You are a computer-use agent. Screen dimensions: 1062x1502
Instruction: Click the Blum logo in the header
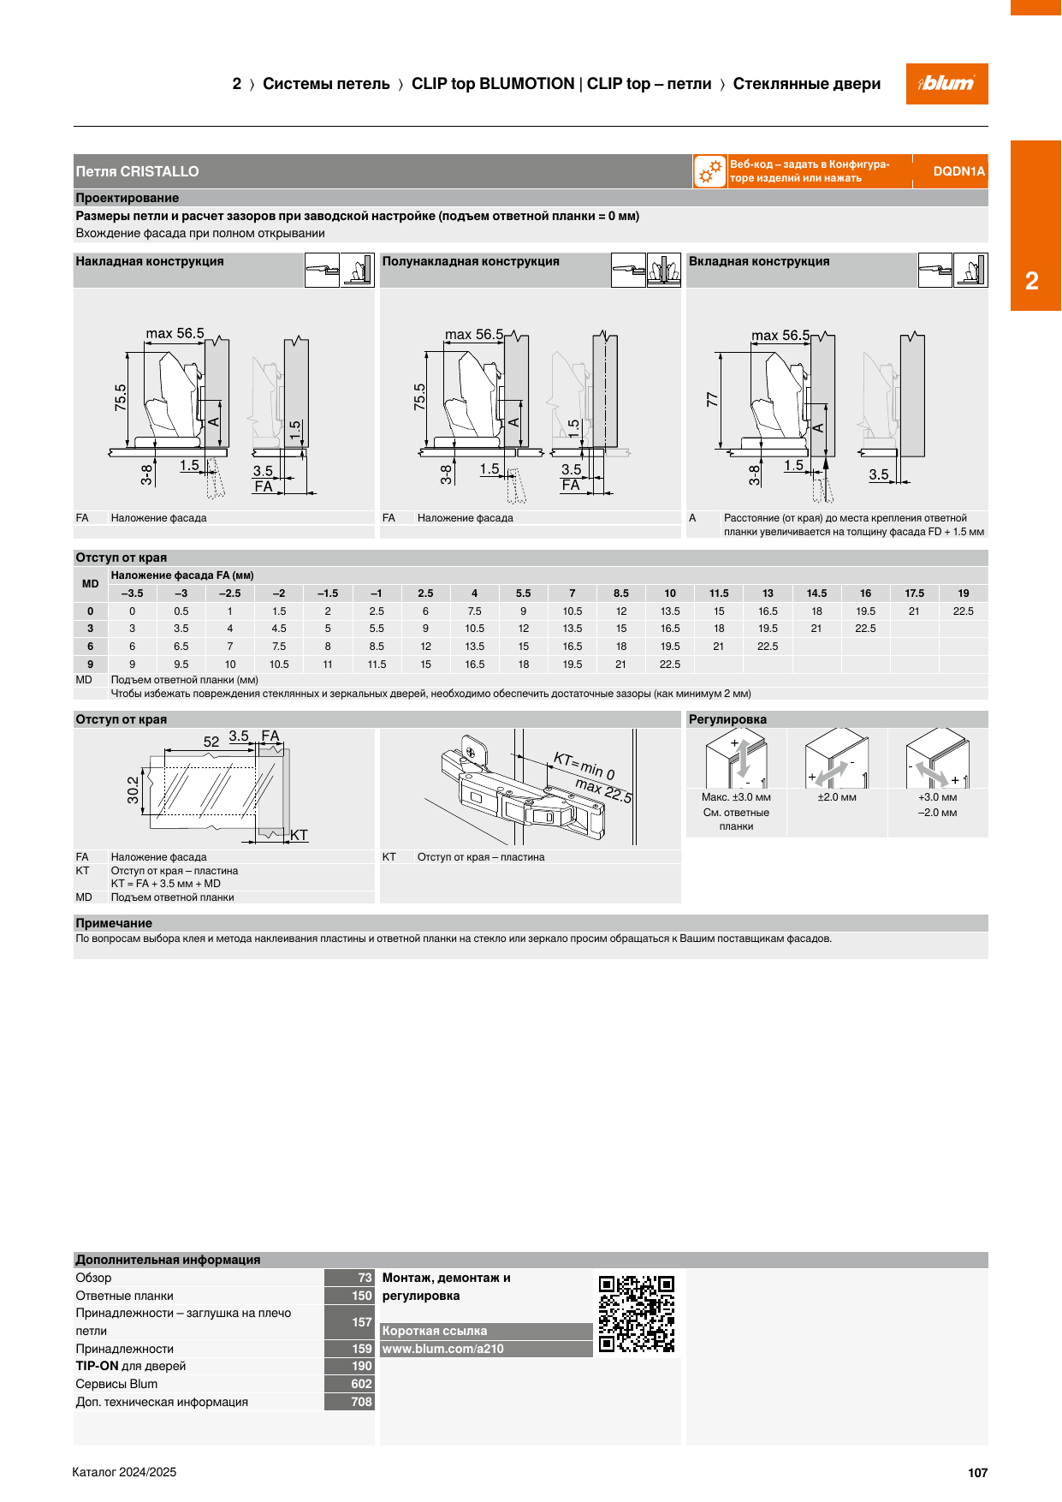tap(946, 84)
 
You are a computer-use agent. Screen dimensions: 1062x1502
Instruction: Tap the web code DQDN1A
tap(958, 171)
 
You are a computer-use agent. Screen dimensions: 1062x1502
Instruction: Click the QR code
tap(637, 1314)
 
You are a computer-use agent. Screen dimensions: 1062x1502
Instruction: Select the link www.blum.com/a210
tap(443, 1349)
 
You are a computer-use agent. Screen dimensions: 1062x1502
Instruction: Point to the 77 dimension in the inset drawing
tap(712, 399)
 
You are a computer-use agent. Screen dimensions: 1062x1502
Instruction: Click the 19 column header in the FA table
tap(964, 593)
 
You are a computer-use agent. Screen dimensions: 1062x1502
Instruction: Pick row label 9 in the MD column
tap(91, 664)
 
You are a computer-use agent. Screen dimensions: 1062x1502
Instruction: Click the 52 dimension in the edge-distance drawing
tap(211, 742)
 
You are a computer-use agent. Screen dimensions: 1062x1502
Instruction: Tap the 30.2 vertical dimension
tap(133, 790)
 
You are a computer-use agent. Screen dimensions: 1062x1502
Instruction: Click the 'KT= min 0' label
tap(584, 766)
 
